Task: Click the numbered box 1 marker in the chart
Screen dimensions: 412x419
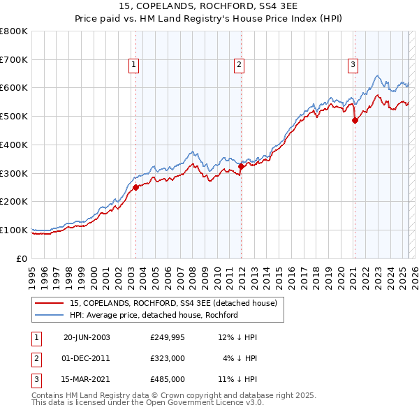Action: coord(133,65)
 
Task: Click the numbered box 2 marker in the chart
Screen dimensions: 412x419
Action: coord(239,65)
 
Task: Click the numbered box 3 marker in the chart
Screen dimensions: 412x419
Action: coord(353,65)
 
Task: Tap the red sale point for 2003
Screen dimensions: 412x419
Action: coord(136,187)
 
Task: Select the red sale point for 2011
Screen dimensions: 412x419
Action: coord(241,166)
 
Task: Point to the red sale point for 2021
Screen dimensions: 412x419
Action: coord(355,120)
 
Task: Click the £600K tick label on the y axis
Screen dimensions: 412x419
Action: coord(14,88)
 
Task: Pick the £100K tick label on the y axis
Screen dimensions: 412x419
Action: coord(14,230)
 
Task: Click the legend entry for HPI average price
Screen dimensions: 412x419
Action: coord(154,315)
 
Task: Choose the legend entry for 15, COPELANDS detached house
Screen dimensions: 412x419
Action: coord(173,303)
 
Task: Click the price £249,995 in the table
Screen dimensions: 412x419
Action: coord(168,337)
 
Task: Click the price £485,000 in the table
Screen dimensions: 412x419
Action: coord(168,379)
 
